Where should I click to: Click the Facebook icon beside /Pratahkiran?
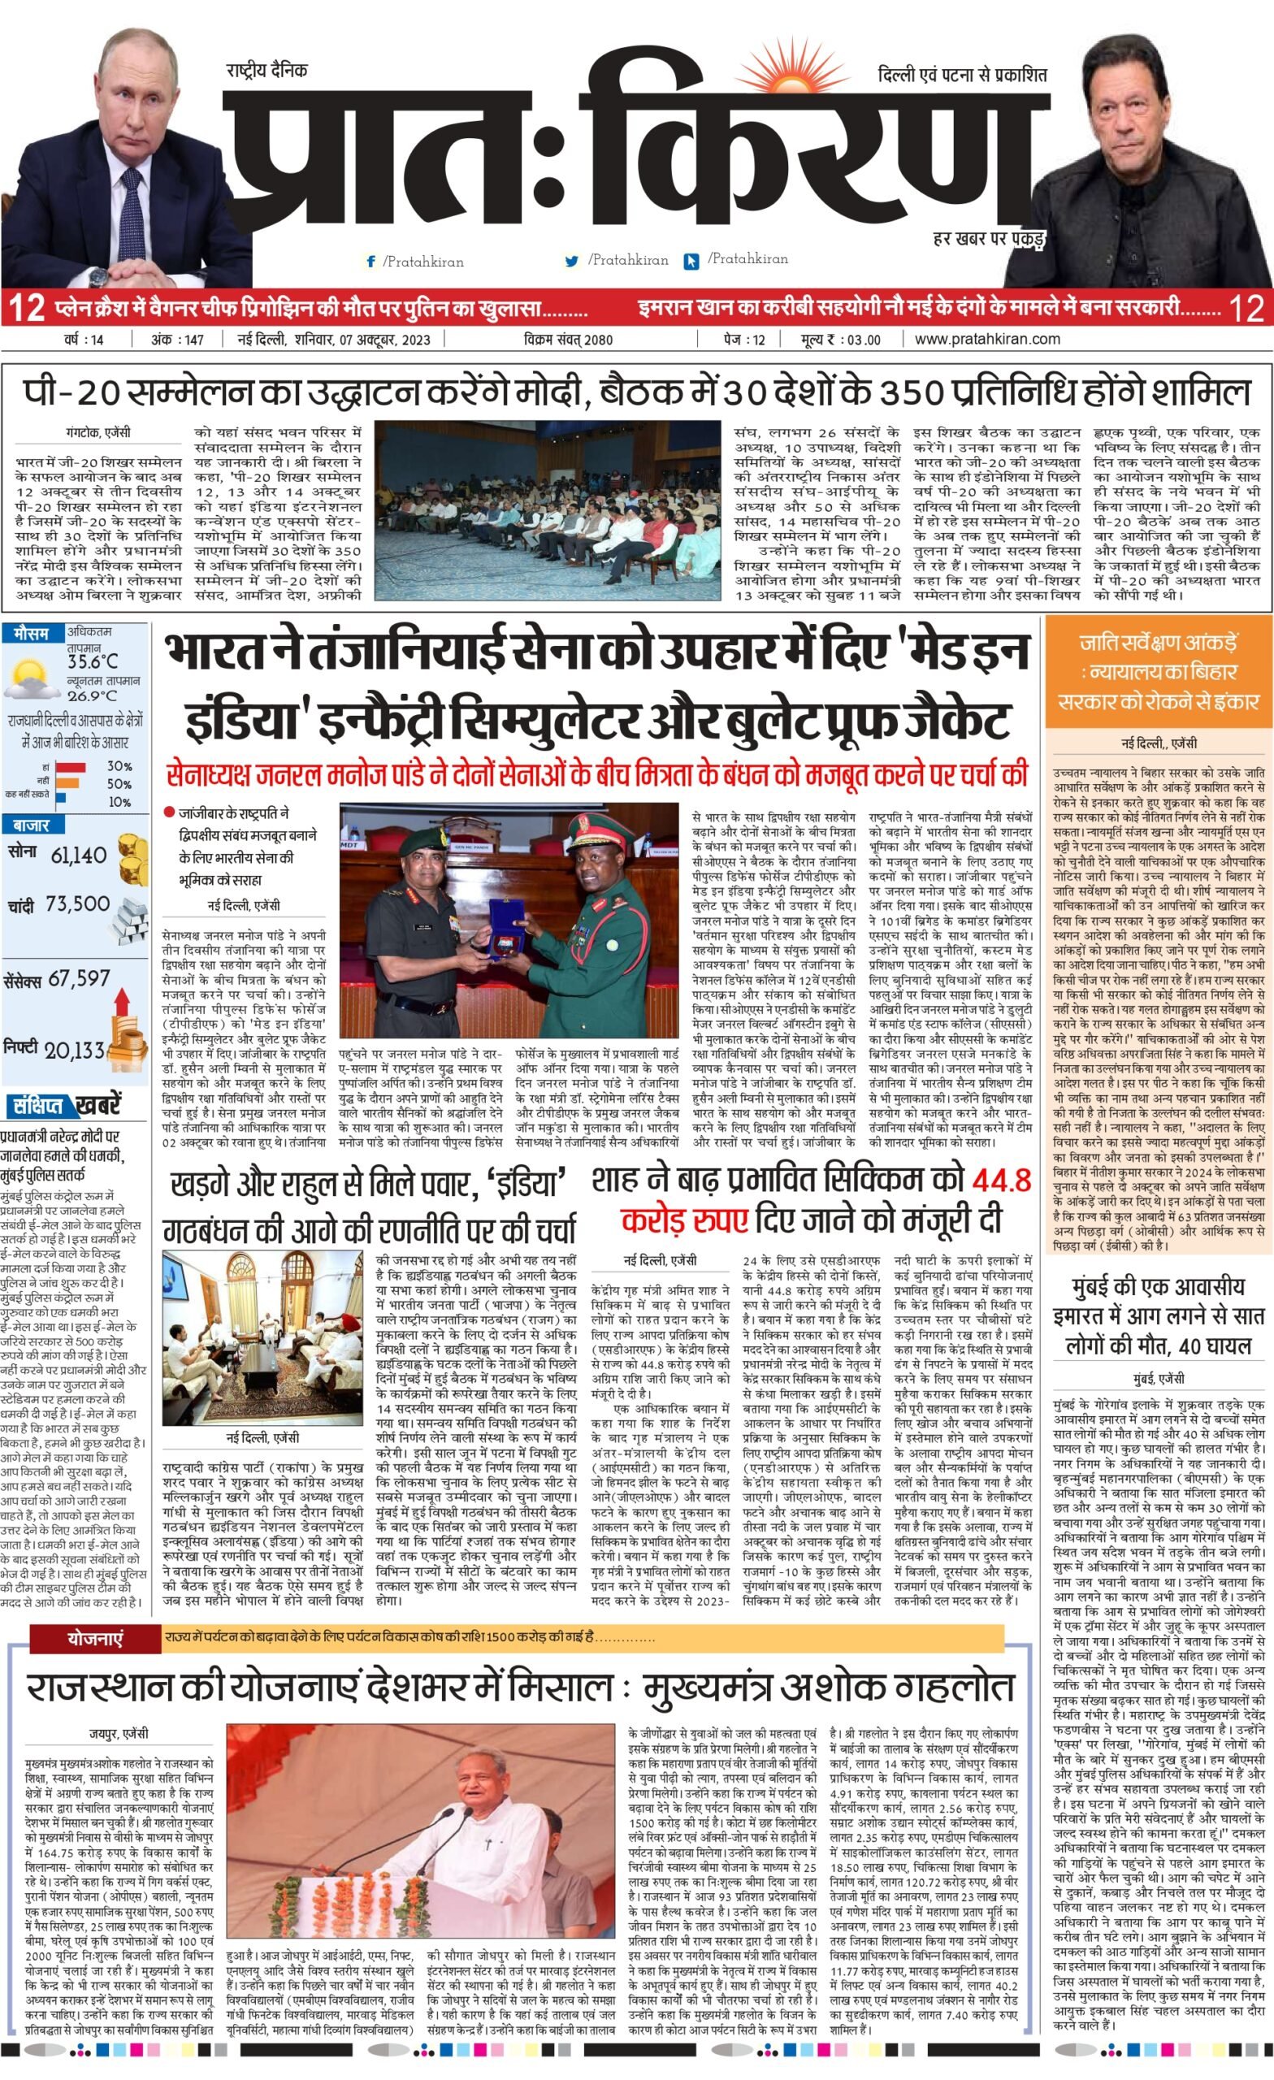[370, 262]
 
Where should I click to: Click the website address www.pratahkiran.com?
[987, 340]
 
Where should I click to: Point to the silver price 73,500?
[78, 904]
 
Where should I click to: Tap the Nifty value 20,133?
[74, 1051]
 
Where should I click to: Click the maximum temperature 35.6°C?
[93, 661]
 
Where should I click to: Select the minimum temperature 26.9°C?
[92, 695]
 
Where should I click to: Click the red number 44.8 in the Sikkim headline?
[1001, 1179]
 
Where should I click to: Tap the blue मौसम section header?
[30, 633]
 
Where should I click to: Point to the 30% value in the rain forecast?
[119, 766]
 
